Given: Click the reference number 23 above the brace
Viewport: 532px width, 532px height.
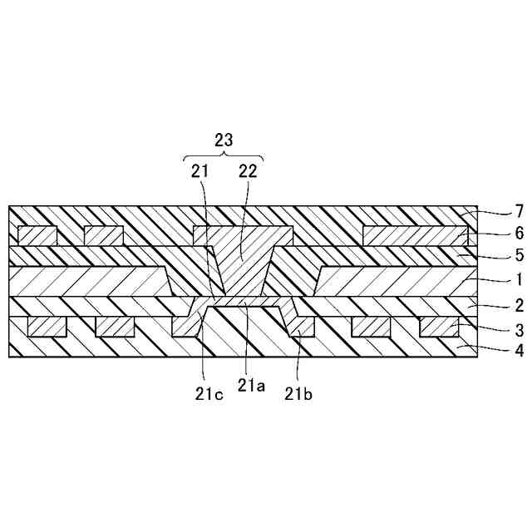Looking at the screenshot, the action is tap(223, 140).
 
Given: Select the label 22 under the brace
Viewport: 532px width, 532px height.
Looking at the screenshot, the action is tap(248, 171).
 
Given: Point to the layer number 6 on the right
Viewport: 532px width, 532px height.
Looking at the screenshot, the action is tap(495, 235).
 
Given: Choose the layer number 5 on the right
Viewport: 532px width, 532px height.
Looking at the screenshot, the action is tap(495, 256).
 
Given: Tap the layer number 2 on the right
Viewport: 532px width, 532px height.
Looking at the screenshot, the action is tap(495, 305).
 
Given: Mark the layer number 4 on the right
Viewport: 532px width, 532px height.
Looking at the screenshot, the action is tap(495, 350).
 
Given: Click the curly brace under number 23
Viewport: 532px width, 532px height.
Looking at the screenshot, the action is tap(223, 157).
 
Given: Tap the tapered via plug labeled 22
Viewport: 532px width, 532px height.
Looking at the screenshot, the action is tap(241, 258).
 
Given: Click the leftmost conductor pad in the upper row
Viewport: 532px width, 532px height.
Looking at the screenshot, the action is tap(37, 235).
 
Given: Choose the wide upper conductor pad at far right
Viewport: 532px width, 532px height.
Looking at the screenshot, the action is tap(411, 235).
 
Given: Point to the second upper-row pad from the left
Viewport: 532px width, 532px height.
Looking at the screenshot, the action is tap(104, 235).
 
